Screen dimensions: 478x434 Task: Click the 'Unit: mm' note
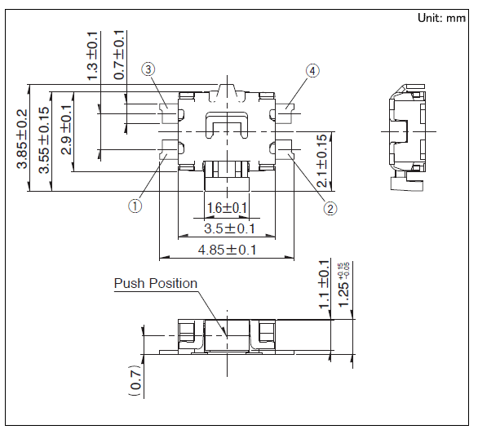point(441,18)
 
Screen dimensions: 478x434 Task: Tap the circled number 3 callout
point(148,70)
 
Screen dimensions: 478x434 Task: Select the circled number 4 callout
point(312,71)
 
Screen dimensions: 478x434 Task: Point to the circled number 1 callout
point(135,206)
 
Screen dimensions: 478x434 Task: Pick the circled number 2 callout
point(330,209)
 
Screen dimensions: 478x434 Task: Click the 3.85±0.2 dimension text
point(22,139)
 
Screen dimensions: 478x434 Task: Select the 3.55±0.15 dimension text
point(44,139)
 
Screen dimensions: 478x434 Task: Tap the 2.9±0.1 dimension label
point(66,130)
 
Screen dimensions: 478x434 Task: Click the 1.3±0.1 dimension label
point(92,55)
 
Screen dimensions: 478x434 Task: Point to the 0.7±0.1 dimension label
point(119,55)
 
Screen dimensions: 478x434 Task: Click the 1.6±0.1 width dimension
point(227,208)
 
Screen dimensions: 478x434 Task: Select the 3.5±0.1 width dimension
point(229,228)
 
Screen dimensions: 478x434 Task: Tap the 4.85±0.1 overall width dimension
point(227,250)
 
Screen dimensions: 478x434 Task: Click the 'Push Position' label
point(156,283)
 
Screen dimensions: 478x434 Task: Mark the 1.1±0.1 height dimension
point(324,285)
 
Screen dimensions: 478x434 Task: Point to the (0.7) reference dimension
point(136,380)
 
